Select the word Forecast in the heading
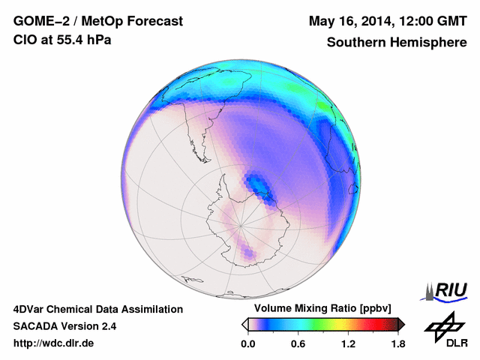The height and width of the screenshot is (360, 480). (155, 22)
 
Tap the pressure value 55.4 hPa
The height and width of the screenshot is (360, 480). (84, 40)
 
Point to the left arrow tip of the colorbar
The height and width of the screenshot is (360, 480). (244, 324)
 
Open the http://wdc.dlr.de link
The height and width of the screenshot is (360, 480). (54, 343)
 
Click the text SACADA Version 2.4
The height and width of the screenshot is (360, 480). (64, 326)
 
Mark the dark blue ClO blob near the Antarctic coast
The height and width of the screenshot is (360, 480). (259, 183)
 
